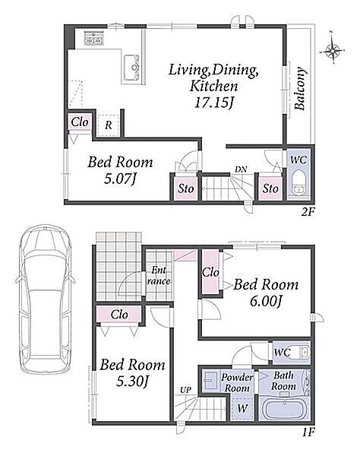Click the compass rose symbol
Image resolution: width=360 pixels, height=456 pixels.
[x=333, y=50]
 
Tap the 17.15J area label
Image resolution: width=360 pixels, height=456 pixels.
[x=214, y=103]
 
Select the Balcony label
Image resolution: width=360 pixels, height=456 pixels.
[x=300, y=89]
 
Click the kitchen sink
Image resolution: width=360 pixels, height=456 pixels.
[x=131, y=68]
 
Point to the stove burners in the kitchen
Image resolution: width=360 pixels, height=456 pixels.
[x=94, y=38]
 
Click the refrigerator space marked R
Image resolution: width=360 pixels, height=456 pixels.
[x=108, y=125]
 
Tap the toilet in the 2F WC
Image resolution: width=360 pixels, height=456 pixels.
[x=298, y=182]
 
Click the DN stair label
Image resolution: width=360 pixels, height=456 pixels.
[x=241, y=169]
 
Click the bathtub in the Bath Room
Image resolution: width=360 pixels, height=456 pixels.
[x=285, y=409]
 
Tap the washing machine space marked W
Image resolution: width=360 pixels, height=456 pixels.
[x=242, y=408]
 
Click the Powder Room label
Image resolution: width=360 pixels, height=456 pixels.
[x=237, y=383]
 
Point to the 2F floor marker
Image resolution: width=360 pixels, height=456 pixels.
[x=308, y=212]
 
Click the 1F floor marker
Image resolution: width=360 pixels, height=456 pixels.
[x=308, y=432]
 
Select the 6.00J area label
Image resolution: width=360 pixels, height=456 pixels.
[x=266, y=302]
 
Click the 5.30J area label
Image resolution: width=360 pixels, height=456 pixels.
[x=133, y=382]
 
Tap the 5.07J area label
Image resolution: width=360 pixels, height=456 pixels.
[x=120, y=179]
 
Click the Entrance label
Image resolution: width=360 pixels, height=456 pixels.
[x=159, y=276]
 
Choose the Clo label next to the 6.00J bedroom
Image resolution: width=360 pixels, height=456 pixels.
[x=210, y=273]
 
